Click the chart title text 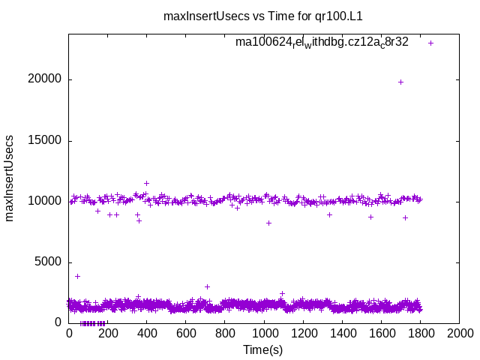pyautogui.click(x=262, y=16)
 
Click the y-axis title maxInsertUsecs pyautogui.click(x=10, y=178)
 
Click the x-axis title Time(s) pyautogui.click(x=262, y=349)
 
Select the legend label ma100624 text pyautogui.click(x=322, y=42)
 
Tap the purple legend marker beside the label pyautogui.click(x=430, y=43)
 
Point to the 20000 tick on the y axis pyautogui.click(x=46, y=79)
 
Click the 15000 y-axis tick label pyautogui.click(x=46, y=140)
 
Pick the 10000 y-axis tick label pyautogui.click(x=46, y=201)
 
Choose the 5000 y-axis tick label pyautogui.click(x=49, y=262)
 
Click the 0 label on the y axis pyautogui.click(x=58, y=322)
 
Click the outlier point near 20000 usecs pyautogui.click(x=400, y=82)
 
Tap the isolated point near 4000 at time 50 pyautogui.click(x=77, y=276)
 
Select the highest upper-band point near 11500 pyautogui.click(x=146, y=183)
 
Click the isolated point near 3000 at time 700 pyautogui.click(x=207, y=286)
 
